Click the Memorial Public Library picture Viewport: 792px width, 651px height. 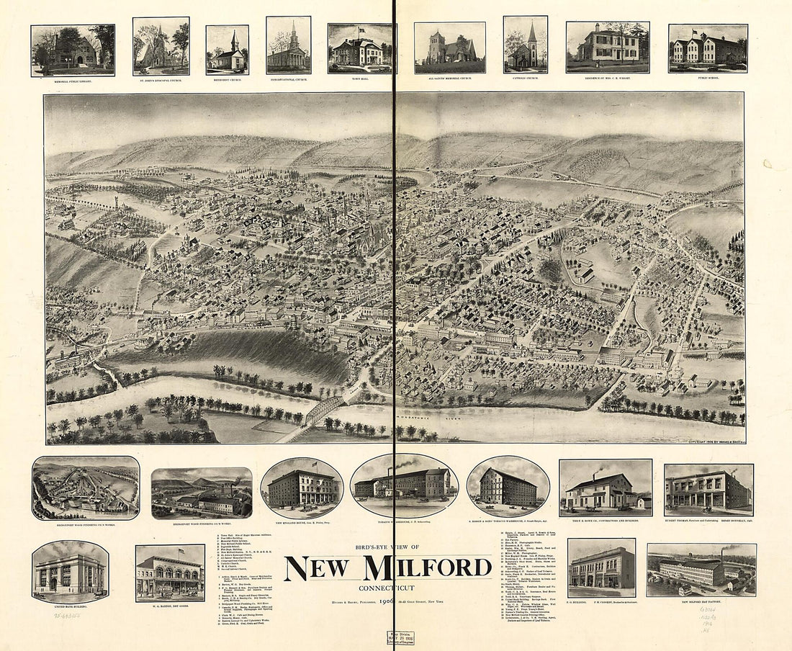[x=73, y=50]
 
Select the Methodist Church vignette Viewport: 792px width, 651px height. [x=227, y=49]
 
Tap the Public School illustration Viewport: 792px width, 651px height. [x=708, y=48]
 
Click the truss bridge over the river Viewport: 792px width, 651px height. [x=324, y=410]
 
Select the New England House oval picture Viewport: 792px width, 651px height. [x=302, y=488]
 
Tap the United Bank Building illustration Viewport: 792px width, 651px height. [x=70, y=572]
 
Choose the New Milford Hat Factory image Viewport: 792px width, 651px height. [x=701, y=570]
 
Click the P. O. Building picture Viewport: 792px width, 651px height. [x=601, y=567]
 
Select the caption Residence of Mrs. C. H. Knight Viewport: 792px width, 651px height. [x=608, y=78]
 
